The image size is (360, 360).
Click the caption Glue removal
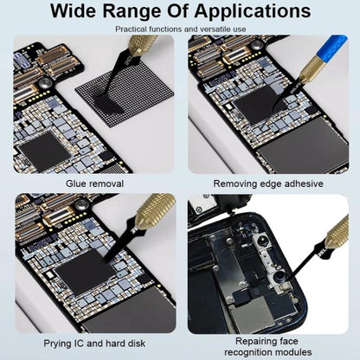(95, 183)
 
